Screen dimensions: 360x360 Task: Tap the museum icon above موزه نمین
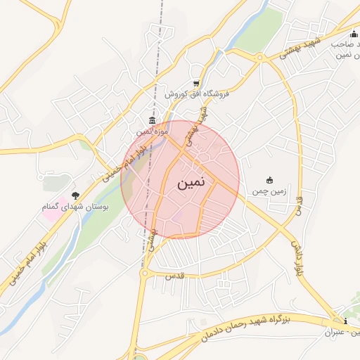coord(152,122)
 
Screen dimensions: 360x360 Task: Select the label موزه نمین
coord(152,131)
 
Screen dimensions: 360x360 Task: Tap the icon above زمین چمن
coord(269,181)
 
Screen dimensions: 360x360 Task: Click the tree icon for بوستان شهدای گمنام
coord(75,195)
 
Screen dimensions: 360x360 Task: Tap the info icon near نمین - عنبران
coord(345,321)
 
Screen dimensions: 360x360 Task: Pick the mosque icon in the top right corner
coord(354,33)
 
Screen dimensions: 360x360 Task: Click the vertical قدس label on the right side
coord(300,207)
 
